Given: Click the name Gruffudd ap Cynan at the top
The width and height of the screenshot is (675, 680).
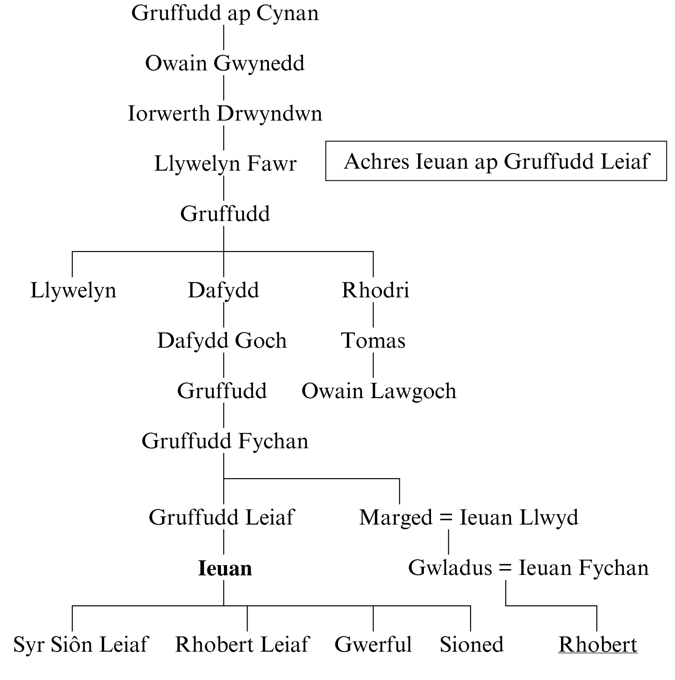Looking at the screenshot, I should pyautogui.click(x=225, y=13).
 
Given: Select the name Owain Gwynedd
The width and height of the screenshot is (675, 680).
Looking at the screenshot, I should pyautogui.click(x=225, y=63).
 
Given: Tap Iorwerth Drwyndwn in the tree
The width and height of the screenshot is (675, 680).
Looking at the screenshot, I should pyautogui.click(x=225, y=114).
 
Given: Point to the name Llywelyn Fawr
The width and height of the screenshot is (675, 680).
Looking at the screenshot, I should pyautogui.click(x=225, y=164).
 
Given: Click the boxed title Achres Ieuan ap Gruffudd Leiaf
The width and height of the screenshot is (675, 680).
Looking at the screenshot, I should pyautogui.click(x=496, y=161).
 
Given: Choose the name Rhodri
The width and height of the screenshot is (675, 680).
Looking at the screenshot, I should pyautogui.click(x=375, y=290).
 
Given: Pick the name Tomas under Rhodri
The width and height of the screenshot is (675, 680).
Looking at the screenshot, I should pyautogui.click(x=373, y=341).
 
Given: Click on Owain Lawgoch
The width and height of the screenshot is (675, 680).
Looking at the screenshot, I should pyautogui.click(x=379, y=391).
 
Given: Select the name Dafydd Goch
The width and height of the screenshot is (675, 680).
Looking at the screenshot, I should pyautogui.click(x=222, y=341).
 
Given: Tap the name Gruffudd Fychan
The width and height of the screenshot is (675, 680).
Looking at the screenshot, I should pyautogui.click(x=225, y=441).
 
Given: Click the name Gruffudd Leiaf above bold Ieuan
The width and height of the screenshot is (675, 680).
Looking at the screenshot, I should pyautogui.click(x=221, y=517).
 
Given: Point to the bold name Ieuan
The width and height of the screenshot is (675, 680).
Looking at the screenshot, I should pyautogui.click(x=225, y=569).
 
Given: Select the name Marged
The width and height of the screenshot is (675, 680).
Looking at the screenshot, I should pyautogui.click(x=395, y=518).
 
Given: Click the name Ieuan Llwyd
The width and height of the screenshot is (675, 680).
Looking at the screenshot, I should pyautogui.click(x=519, y=517).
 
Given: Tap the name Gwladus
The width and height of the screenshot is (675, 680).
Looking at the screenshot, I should pyautogui.click(x=450, y=568).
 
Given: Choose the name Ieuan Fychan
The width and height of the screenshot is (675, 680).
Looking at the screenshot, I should pyautogui.click(x=583, y=568).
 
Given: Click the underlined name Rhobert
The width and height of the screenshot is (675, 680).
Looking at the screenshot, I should pyautogui.click(x=598, y=645).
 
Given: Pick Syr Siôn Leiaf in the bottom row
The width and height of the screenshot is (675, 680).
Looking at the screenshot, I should pyautogui.click(x=81, y=645).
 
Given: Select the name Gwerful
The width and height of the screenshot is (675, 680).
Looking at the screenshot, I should pyautogui.click(x=373, y=645).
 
